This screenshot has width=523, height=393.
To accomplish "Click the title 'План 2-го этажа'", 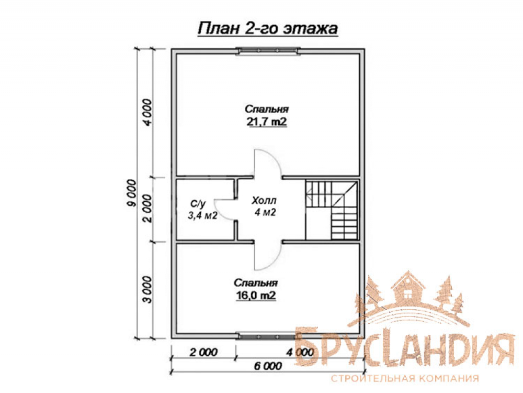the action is coord(267,29).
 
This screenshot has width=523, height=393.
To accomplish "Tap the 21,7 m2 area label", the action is coord(267,122).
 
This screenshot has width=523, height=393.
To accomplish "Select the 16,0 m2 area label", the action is coord(256,296).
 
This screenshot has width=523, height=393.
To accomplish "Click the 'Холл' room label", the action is coord(264,201).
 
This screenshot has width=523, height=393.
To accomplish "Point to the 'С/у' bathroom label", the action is coord(198,204).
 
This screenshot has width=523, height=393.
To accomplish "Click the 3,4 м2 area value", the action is coord(203,215).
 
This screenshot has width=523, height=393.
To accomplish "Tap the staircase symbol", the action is coord(332,210).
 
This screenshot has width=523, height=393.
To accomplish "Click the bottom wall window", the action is coord(266,336).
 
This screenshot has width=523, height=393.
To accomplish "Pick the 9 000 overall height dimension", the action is coord(132,193).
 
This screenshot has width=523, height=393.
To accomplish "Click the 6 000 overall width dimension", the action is coord(268,366).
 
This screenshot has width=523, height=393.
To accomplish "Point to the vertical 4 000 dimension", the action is coord(147,112).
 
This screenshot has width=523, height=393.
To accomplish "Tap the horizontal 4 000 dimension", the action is coord(300,352).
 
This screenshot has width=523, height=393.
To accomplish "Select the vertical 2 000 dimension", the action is coord(147,209).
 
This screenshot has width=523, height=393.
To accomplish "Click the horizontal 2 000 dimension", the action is coord(203,352).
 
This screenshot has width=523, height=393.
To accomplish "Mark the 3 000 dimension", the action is coord(147,289).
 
